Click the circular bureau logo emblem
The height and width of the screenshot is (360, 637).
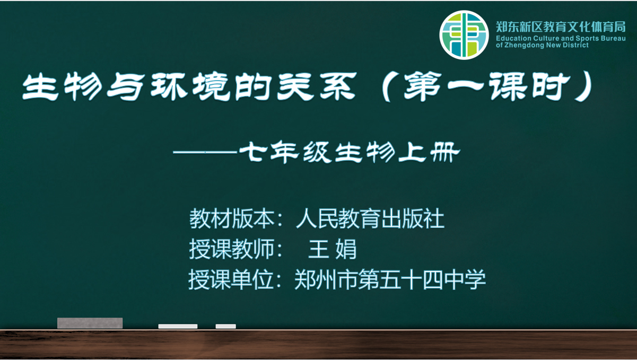[464, 35]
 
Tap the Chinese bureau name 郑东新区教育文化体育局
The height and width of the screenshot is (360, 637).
[561, 27]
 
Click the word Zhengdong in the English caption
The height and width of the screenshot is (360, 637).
[523, 45]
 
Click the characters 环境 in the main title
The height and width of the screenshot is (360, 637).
[190, 86]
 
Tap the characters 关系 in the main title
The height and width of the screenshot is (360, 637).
[317, 86]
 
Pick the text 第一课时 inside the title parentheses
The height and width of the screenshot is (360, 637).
[487, 86]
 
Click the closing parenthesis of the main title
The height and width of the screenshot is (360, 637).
[583, 86]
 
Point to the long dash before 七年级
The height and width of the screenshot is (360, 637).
[205, 153]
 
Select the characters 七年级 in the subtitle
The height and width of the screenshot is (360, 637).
[285, 152]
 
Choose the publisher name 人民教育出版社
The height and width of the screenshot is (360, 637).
[370, 218]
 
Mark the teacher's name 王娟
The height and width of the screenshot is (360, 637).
[333, 249]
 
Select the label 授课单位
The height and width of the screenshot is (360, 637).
[231, 280]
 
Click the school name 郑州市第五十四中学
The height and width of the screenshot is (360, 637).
[390, 280]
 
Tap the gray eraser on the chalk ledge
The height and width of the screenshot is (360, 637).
[90, 323]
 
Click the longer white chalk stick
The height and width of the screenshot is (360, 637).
[178, 326]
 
